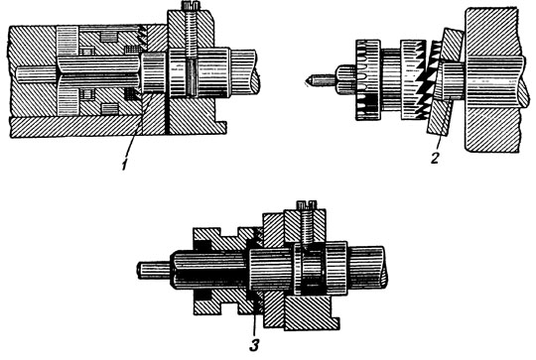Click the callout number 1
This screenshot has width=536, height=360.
(x=125, y=165)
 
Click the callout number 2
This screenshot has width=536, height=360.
(x=435, y=158)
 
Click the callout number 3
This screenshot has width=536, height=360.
(x=254, y=345)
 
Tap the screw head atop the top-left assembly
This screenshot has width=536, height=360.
(x=188, y=5)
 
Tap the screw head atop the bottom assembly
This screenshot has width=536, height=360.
(x=306, y=204)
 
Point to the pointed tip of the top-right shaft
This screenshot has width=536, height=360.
(x=306, y=81)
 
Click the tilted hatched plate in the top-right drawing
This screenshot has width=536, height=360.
(x=445, y=82)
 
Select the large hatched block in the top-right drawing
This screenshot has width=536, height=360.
(x=492, y=79)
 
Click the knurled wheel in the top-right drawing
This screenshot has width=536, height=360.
(x=368, y=80)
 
